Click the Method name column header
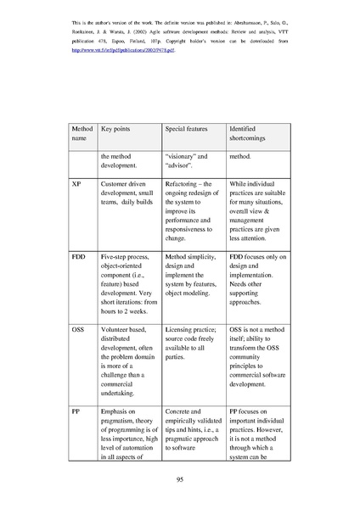tap(80, 133)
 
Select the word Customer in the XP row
tap(117, 182)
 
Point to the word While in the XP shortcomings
tap(240, 182)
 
